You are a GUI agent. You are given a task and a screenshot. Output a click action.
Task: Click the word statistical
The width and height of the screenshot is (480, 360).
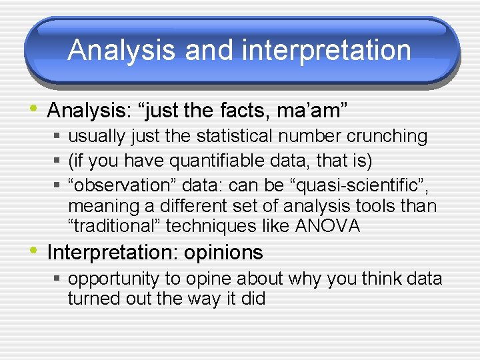coord(233,136)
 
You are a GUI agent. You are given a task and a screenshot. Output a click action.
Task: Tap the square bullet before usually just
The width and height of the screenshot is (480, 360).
coord(58,137)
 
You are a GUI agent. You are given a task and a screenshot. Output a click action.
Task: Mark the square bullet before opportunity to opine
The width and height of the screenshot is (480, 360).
coord(58,279)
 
